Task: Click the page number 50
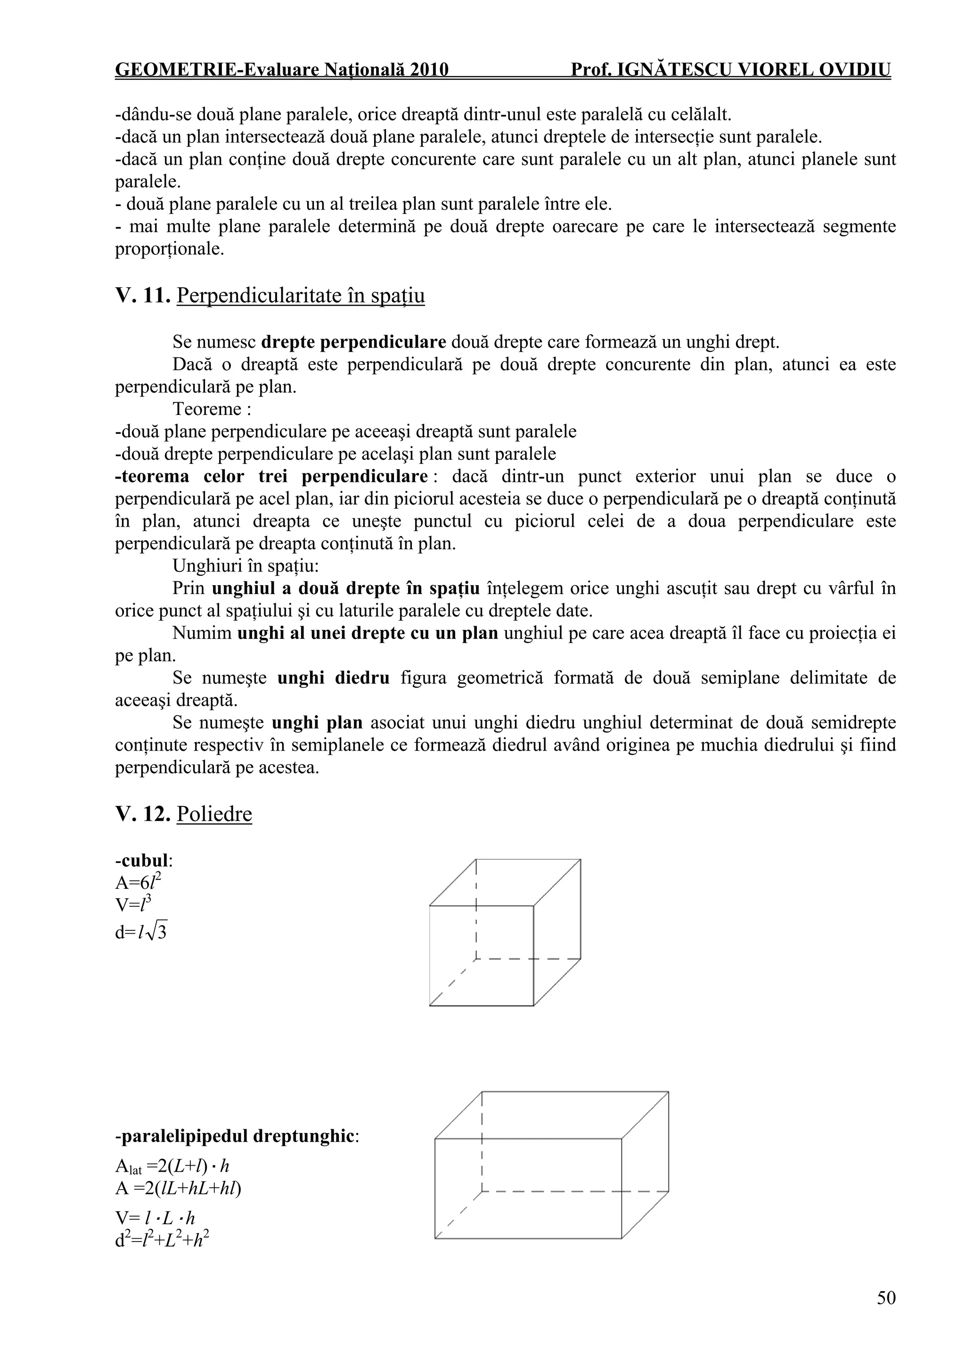pos(885,1298)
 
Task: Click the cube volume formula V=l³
pos(133,905)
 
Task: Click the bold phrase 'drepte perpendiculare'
pos(353,342)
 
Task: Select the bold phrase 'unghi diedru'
pos(333,678)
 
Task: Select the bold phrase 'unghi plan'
pos(317,723)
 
